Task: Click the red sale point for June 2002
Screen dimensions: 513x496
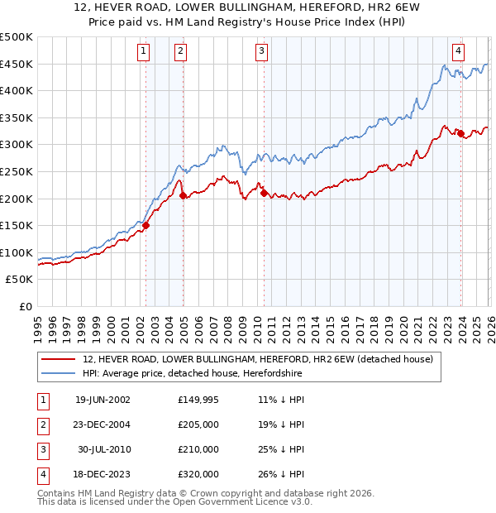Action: [x=146, y=225]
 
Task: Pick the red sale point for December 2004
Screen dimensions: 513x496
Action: [x=183, y=195]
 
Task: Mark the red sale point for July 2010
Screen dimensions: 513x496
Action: [x=265, y=193]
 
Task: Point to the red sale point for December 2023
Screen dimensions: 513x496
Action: [x=460, y=134]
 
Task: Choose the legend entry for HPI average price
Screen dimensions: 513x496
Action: [x=193, y=374]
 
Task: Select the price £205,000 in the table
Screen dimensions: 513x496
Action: [x=198, y=424]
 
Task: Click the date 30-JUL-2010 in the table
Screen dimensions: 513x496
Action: [x=103, y=449]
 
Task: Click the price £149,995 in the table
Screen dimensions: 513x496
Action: [x=198, y=400]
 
